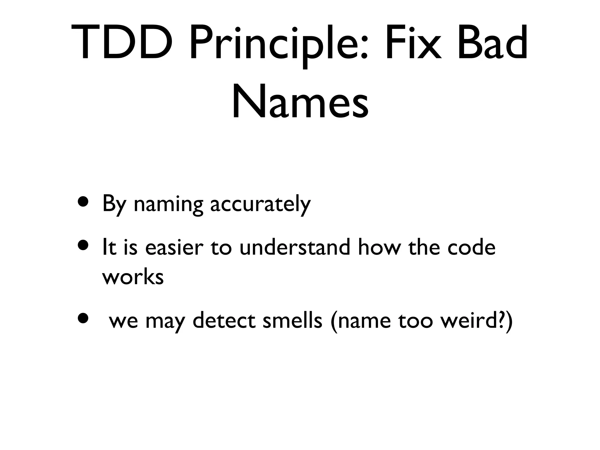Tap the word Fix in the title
(413, 43)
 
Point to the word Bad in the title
(492, 43)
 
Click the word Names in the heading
(300, 101)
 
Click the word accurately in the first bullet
(260, 204)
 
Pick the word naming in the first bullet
(168, 204)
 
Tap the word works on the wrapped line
(133, 277)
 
